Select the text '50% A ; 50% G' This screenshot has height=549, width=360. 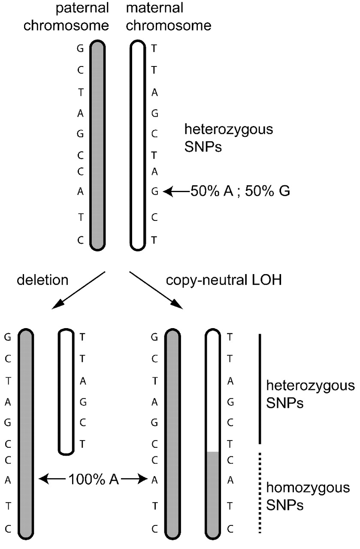tap(240, 192)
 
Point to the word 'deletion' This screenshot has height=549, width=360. tap(42, 280)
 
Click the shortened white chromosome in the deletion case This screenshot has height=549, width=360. tap(66, 391)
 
